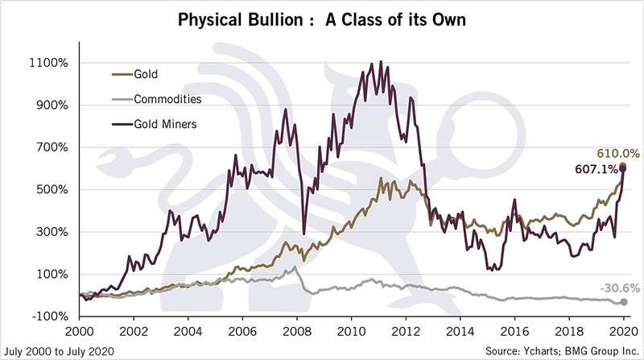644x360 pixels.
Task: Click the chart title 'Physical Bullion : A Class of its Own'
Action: click(x=321, y=18)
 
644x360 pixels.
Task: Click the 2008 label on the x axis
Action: click(x=296, y=330)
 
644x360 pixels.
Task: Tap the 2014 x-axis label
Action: click(x=460, y=330)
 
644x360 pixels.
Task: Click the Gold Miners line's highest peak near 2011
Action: click(x=380, y=61)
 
